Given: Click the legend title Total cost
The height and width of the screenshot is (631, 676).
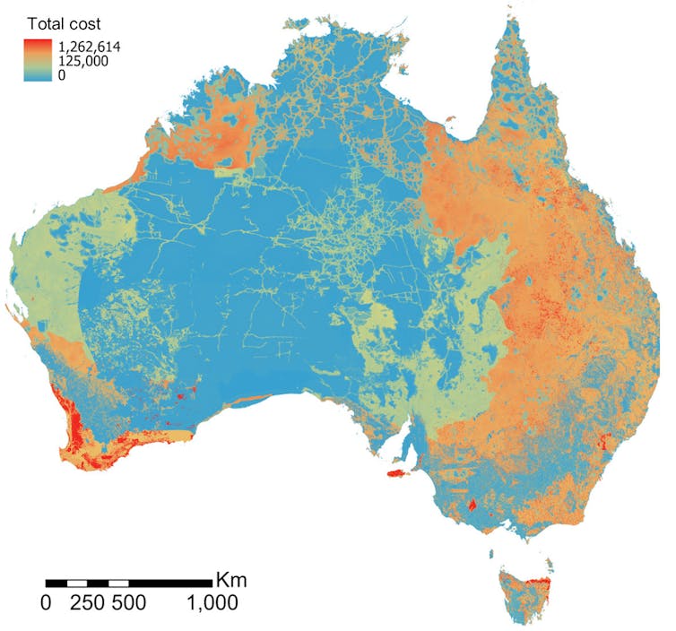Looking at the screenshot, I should [63, 25].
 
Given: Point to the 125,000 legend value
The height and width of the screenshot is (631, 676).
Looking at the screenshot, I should [87, 61].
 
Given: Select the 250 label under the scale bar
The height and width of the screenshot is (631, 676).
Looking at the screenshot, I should [88, 603].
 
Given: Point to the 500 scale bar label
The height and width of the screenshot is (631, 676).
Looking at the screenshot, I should [128, 603].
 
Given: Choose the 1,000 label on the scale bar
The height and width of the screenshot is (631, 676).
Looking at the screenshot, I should [212, 603].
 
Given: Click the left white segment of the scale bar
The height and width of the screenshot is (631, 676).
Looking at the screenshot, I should [77, 583].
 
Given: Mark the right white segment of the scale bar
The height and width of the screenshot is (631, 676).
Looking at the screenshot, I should [118, 583].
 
